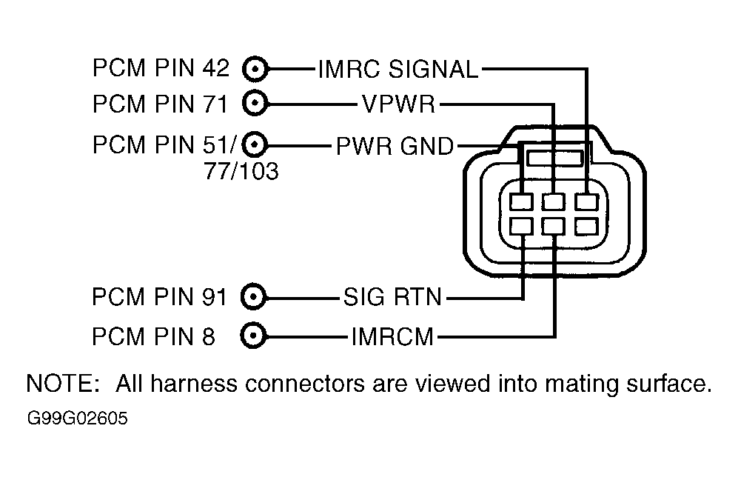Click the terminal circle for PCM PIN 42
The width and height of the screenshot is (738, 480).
tap(255, 70)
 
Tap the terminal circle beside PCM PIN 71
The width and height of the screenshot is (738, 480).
tap(255, 103)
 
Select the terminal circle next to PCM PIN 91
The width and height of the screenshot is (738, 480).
tap(253, 297)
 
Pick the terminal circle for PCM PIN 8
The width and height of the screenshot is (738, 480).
tap(253, 336)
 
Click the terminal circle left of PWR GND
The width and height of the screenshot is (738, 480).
tap(255, 144)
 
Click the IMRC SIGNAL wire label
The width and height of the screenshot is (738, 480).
tap(398, 70)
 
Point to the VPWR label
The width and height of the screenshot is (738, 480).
tap(399, 104)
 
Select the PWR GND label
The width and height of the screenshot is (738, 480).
tap(395, 146)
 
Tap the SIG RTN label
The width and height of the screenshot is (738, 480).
tap(392, 297)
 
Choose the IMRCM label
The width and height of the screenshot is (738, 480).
tap(392, 337)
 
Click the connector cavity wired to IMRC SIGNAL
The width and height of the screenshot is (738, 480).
tap(586, 202)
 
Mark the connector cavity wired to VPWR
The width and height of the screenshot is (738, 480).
tap(554, 202)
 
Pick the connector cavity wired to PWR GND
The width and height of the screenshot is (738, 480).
tap(522, 202)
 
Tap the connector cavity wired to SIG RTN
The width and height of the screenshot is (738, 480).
tap(522, 227)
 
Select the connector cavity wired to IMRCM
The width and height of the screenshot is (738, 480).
tap(554, 227)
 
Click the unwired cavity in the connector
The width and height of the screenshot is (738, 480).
tap(586, 227)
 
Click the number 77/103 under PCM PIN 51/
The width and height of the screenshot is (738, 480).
tap(241, 171)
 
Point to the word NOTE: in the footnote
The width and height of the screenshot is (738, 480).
tap(63, 384)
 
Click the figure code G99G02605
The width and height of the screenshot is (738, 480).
tap(78, 419)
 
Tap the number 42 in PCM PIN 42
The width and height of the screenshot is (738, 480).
tap(216, 68)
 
